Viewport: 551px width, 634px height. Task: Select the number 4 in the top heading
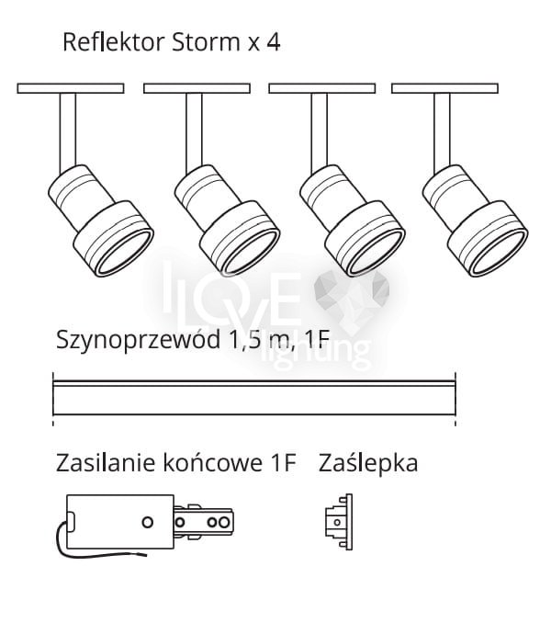coord(274,42)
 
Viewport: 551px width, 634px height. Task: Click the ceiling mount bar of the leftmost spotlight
coord(70,88)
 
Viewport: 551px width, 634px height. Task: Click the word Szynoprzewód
coord(137,341)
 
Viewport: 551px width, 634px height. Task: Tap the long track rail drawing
coord(254,398)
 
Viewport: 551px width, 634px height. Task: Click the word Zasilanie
coord(99,462)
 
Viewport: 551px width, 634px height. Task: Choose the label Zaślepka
coord(367,462)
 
